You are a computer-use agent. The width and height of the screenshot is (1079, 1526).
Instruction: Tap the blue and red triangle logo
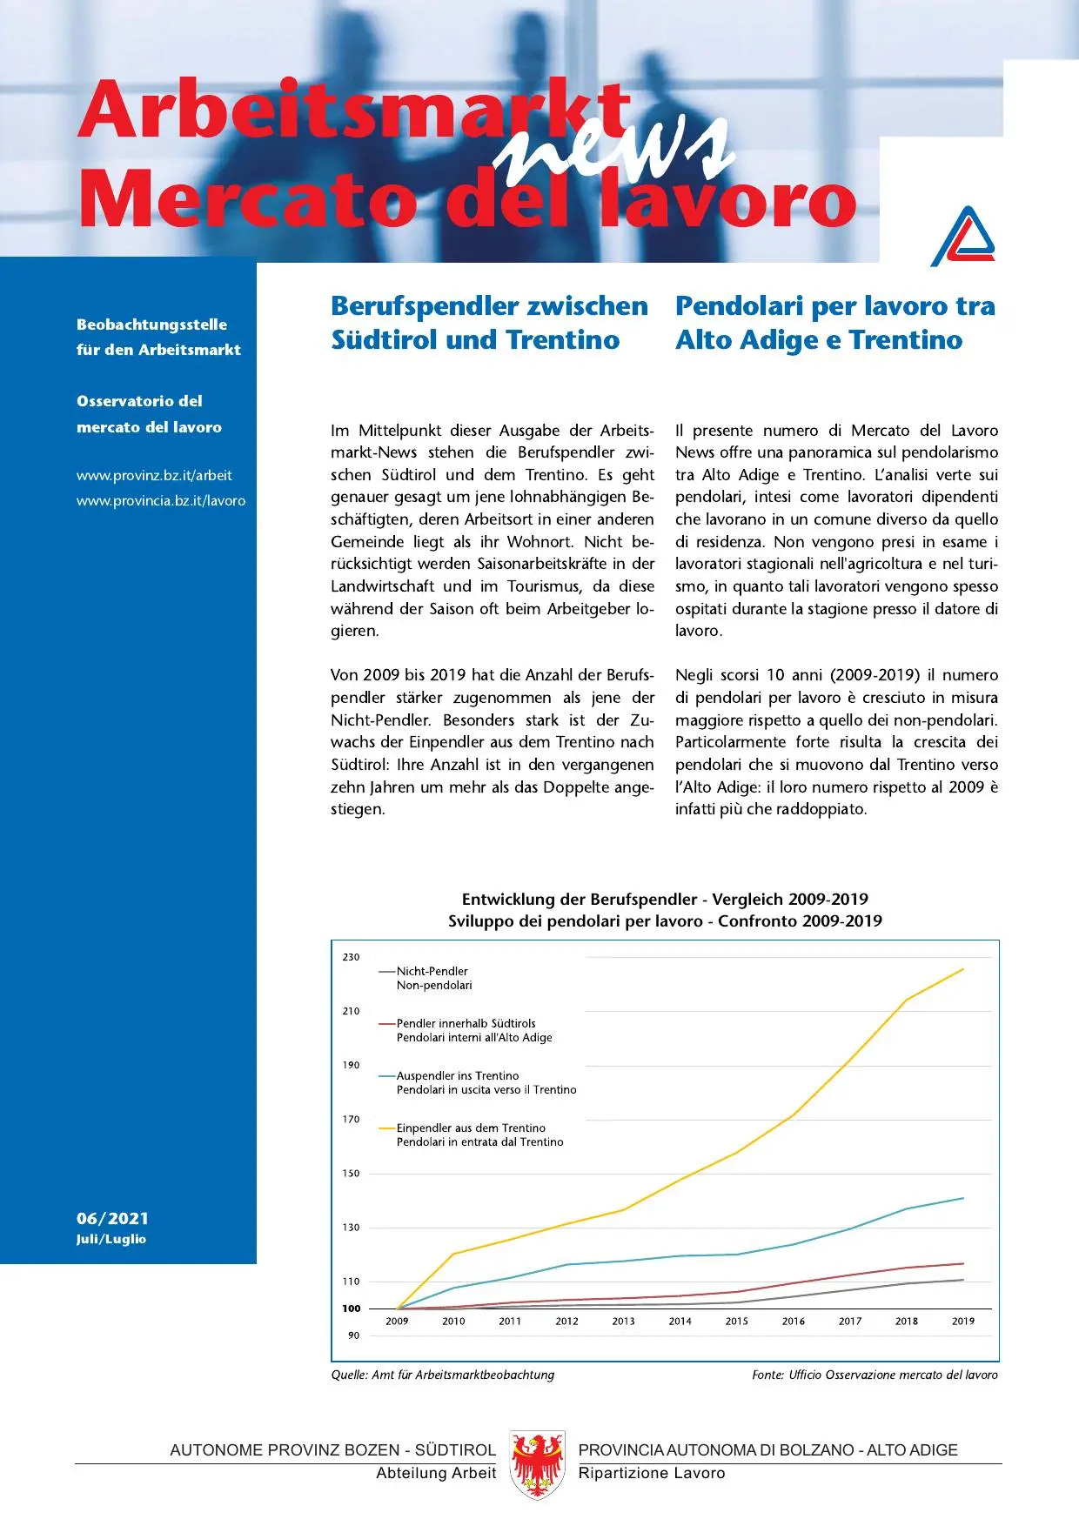click(962, 237)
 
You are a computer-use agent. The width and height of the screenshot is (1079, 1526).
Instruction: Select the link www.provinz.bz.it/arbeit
click(154, 475)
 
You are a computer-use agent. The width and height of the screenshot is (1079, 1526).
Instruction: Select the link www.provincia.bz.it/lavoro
click(161, 500)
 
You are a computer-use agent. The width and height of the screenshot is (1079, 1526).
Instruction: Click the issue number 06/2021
click(112, 1218)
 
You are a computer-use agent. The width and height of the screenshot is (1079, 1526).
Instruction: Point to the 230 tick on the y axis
click(351, 957)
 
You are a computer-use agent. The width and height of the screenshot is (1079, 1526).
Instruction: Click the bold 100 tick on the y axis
click(351, 1308)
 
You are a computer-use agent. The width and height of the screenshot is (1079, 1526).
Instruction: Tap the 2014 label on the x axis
click(680, 1321)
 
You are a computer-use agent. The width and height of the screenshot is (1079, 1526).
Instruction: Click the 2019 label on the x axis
click(962, 1321)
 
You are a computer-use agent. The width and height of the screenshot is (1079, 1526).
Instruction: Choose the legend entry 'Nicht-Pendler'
click(432, 971)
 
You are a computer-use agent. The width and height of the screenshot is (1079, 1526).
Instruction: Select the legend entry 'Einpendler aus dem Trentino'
click(471, 1128)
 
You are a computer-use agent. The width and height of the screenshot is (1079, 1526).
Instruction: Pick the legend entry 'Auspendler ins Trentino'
click(457, 1075)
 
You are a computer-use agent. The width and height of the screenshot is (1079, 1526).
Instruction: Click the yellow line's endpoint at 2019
click(962, 969)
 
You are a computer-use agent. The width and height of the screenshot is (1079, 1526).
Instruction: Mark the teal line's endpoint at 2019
click(962, 1198)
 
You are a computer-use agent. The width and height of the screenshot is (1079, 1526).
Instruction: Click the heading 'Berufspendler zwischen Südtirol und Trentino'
click(489, 323)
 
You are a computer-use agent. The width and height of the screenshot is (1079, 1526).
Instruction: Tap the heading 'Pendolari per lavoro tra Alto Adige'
click(834, 323)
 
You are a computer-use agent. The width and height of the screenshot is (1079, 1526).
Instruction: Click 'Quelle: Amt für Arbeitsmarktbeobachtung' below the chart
click(442, 1375)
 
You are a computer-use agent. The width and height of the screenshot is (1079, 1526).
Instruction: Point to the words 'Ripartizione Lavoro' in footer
click(651, 1473)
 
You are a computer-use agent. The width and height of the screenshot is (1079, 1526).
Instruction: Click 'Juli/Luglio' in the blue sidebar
click(111, 1239)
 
